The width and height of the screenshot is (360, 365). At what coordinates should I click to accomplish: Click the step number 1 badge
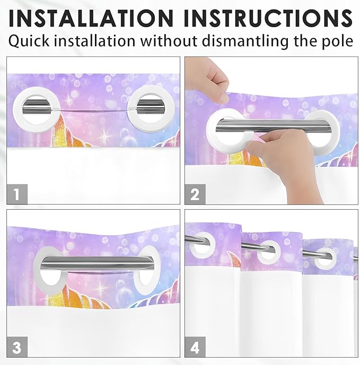[x=17, y=193]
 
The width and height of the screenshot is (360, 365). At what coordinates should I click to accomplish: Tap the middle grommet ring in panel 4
[x=269, y=250]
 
